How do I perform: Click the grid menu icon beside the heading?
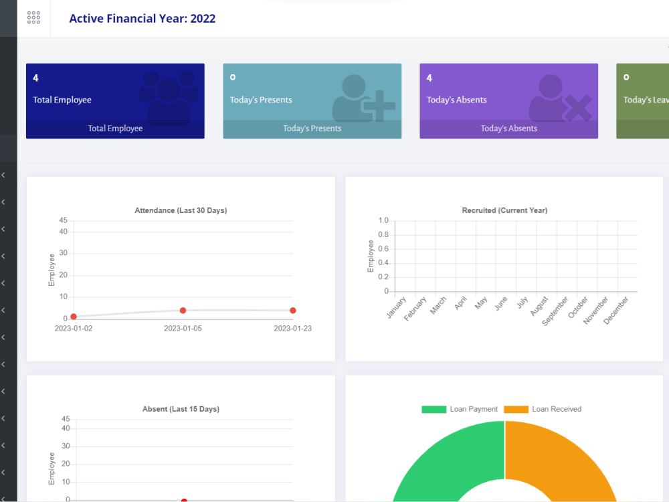[33, 17]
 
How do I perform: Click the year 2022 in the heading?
[203, 19]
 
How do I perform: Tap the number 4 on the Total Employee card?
[36, 78]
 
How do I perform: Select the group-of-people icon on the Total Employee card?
[169, 98]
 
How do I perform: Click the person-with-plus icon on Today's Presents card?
[363, 98]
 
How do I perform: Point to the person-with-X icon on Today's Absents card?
[560, 98]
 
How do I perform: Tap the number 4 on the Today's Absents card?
[429, 78]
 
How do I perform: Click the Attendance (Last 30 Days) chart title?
[181, 210]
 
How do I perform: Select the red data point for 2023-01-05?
[183, 311]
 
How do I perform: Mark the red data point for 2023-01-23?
[293, 311]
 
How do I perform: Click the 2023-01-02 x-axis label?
[74, 328]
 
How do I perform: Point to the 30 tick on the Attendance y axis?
[63, 253]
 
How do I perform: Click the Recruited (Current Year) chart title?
[504, 210]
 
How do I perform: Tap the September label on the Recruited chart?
[555, 311]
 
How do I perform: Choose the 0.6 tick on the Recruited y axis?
[383, 248]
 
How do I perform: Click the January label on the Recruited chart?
[396, 307]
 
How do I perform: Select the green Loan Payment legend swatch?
[434, 410]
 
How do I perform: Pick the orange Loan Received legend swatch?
[516, 410]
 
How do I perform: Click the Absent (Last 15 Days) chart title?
[181, 409]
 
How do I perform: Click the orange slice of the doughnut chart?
[563, 456]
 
